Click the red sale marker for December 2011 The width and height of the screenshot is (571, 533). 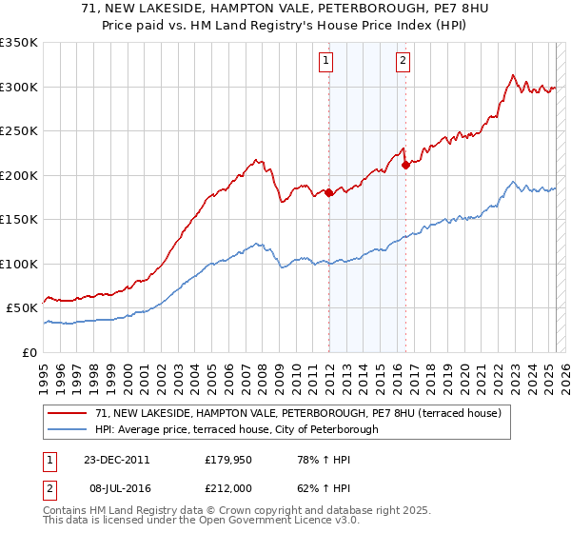[329, 192]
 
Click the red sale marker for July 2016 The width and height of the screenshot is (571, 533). [406, 165]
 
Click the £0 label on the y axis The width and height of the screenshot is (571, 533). [30, 352]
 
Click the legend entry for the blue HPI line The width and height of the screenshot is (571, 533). [236, 429]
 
